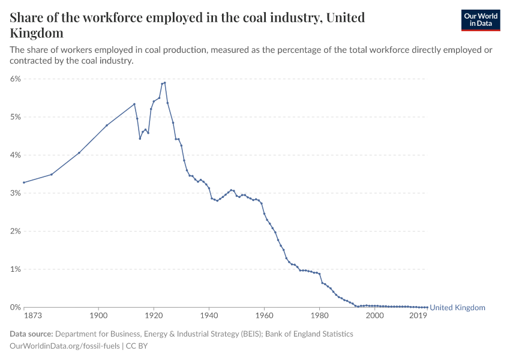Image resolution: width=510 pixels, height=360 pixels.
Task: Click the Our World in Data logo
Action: coord(480,20)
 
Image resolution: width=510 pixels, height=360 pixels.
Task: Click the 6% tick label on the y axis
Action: coord(16,79)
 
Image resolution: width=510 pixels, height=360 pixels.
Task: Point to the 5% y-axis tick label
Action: coord(16,117)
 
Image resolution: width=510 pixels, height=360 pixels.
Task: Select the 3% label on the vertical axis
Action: coord(16,193)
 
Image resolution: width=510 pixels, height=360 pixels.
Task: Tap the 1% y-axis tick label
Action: coord(16,269)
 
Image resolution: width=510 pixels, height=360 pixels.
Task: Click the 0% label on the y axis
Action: coord(16,307)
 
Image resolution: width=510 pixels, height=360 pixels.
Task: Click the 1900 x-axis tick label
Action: coord(98,315)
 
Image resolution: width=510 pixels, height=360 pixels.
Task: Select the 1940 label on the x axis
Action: coord(209,315)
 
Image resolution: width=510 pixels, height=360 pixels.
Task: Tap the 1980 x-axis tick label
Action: coord(319,315)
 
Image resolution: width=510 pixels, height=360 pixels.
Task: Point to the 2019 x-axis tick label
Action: coord(418,315)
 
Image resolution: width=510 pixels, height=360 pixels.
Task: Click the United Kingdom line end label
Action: coord(458,308)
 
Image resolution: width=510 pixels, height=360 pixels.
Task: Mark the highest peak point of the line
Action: coord(165,83)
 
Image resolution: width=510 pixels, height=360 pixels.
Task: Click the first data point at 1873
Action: coord(24,182)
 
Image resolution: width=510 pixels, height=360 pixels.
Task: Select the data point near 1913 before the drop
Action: coord(134,104)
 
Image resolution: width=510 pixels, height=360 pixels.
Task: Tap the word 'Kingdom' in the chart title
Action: coord(37,33)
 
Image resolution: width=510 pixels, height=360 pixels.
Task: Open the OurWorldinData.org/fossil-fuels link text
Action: coord(65,346)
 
